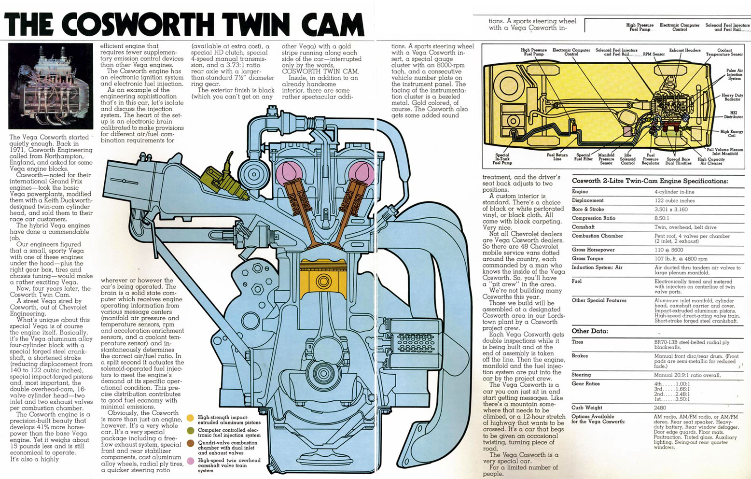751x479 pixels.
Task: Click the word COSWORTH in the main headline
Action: [x=138, y=24]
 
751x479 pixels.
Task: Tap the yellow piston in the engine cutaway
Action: [x=323, y=279]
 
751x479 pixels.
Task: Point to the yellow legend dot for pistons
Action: [x=191, y=418]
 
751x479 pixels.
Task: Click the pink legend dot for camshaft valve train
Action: [x=191, y=461]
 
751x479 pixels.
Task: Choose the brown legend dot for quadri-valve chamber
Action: [x=191, y=443]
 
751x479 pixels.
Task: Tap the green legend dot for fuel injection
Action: [x=191, y=430]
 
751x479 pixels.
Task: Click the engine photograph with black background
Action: [x=51, y=86]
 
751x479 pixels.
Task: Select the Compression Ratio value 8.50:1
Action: [x=662, y=218]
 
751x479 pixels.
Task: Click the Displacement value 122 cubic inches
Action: [x=675, y=200]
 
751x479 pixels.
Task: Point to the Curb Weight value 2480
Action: [x=660, y=408]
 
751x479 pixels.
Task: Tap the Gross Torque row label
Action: [x=587, y=259]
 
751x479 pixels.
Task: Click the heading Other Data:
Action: [x=590, y=331]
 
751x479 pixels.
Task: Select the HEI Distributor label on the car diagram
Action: [x=734, y=115]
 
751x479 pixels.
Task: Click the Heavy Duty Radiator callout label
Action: [x=732, y=97]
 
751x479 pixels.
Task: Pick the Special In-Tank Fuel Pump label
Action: [x=502, y=159]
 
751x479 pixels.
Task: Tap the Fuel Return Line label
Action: [x=557, y=157]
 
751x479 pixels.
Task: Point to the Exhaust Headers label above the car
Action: [x=685, y=50]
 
